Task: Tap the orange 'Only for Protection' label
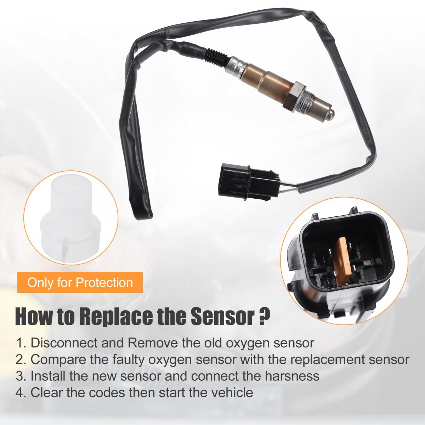click(x=80, y=283)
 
